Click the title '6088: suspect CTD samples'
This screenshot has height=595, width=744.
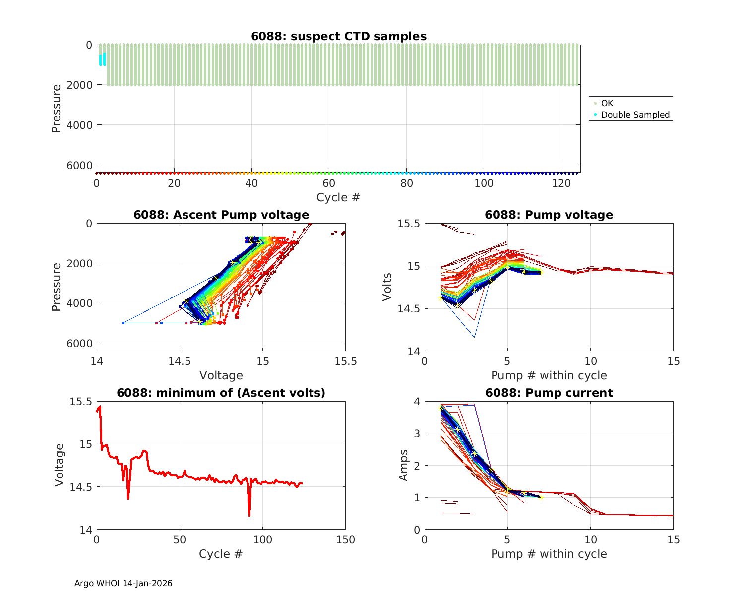[339, 36]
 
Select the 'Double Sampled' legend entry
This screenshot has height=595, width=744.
[635, 115]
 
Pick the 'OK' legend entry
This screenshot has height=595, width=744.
[607, 103]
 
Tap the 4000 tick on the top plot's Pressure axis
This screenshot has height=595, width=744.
[82, 125]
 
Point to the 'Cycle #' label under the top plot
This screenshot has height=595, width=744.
[338, 197]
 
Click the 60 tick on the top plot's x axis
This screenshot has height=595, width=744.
[329, 183]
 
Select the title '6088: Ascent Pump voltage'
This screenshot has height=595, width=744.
[221, 215]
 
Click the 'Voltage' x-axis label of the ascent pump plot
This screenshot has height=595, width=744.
[221, 375]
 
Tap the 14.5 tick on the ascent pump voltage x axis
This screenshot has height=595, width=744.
[180, 362]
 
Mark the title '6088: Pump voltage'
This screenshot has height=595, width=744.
[549, 215]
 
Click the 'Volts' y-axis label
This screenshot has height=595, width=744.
[387, 287]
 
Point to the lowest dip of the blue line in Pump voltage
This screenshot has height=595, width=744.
[474, 337]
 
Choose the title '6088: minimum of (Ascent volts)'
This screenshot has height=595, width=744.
[221, 393]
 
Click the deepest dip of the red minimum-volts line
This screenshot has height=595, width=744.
[249, 516]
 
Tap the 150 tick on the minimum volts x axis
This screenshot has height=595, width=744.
[345, 540]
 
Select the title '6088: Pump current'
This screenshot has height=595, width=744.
[549, 393]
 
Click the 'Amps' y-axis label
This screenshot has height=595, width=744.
[403, 465]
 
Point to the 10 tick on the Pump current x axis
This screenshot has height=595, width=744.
[590, 540]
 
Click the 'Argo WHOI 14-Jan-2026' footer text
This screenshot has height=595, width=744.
[124, 583]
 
